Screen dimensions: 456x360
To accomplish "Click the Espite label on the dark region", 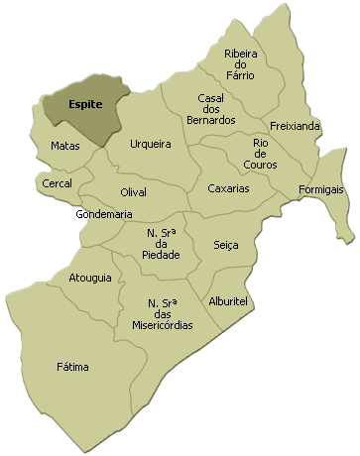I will [84, 104].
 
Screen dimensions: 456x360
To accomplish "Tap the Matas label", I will [65, 146].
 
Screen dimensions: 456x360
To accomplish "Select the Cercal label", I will [57, 183].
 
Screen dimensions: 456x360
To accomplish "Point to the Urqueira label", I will [151, 144].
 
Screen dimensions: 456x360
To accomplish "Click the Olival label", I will [133, 191].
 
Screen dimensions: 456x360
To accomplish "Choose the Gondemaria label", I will [103, 214].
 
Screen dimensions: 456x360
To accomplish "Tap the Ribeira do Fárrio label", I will [240, 64].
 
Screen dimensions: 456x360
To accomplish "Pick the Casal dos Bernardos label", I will [216, 109].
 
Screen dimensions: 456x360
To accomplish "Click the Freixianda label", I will [295, 127].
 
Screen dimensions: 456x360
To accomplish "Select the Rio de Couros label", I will [260, 154].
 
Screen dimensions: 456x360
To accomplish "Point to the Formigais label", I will [320, 189].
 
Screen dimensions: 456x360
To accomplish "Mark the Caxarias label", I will [228, 188].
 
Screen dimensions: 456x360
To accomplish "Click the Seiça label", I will [226, 245].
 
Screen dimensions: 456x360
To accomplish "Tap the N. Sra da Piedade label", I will [162, 244].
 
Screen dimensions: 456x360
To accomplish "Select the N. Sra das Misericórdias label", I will [163, 313].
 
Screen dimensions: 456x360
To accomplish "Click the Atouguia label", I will [90, 278].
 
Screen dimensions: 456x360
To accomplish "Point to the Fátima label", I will [72, 367].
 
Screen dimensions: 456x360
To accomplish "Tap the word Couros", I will [260, 165].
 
